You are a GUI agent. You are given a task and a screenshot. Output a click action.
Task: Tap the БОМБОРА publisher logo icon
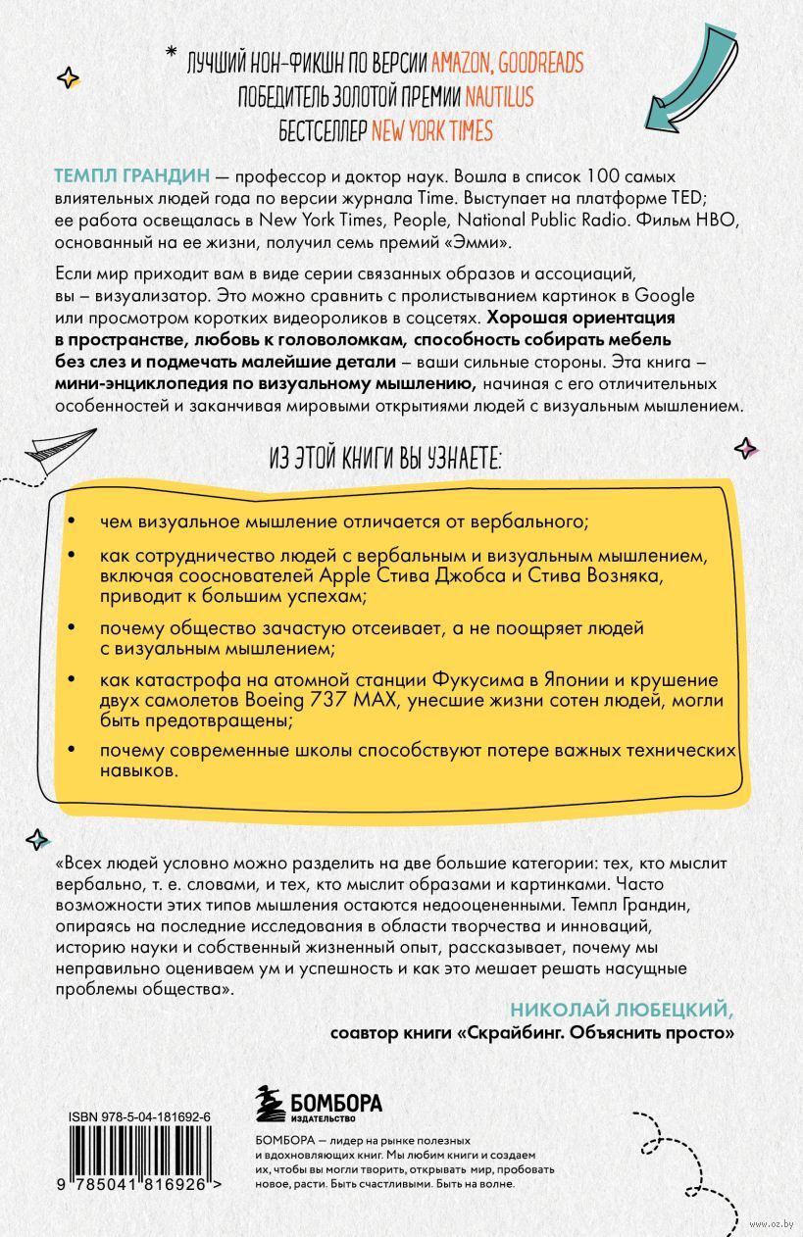pyautogui.click(x=268, y=1103)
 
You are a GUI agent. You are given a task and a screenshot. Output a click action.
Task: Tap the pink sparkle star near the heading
pyautogui.click(x=746, y=448)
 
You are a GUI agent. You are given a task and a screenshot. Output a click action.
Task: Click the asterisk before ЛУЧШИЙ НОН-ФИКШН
pyautogui.click(x=171, y=52)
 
